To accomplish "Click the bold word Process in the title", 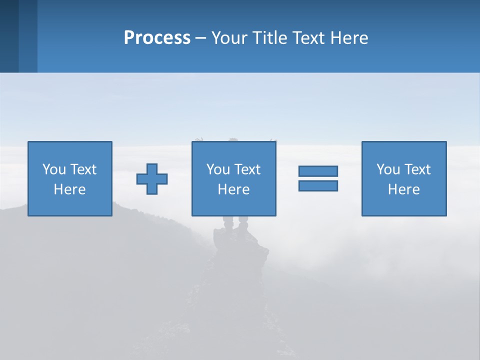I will click(157, 38).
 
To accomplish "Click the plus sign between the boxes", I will click(152, 179).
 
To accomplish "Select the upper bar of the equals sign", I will click(318, 171).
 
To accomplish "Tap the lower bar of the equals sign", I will click(318, 185).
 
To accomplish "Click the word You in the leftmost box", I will click(54, 169).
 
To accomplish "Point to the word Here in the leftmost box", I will click(70, 189).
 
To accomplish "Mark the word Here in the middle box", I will click(234, 189).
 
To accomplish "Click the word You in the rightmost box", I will click(388, 169).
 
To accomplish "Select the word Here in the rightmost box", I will click(404, 189).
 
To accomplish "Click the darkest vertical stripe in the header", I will click(9, 36).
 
